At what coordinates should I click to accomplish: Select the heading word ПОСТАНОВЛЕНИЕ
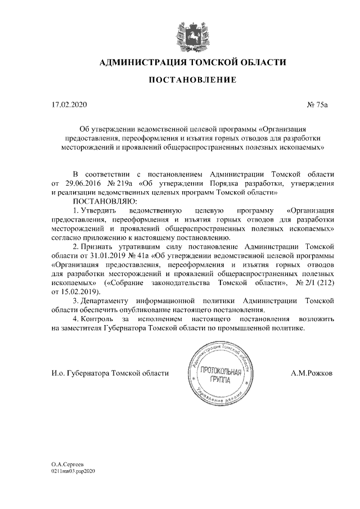click(192, 81)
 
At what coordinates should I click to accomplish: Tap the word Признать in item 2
click(101, 246)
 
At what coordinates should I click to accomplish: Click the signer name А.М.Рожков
click(311, 372)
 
